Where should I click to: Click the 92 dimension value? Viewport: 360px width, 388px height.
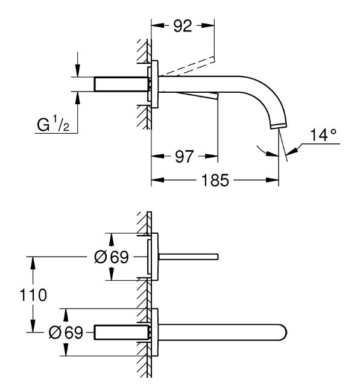tap(183, 26)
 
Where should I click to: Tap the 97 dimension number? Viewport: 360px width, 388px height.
tap(184, 157)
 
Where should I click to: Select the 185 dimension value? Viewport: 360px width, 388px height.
tap(215, 180)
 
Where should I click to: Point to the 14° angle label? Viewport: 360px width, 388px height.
tap(323, 134)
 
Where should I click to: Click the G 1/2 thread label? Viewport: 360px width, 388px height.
tap(53, 125)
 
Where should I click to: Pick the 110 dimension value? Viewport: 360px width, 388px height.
tap(33, 295)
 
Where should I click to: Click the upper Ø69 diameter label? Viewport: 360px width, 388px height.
tap(112, 257)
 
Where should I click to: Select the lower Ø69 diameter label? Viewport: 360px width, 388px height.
tap(66, 333)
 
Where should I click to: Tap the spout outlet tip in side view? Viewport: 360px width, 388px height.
tap(279, 127)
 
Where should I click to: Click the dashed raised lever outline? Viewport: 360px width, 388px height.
tap(187, 66)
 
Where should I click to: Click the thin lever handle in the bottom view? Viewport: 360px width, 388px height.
tap(188, 257)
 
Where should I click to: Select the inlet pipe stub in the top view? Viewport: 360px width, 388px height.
tap(121, 84)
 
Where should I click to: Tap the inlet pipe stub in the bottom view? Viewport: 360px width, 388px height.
tap(121, 333)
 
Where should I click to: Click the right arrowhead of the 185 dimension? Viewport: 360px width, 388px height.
tap(272, 180)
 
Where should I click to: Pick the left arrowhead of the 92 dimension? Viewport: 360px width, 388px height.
tap(158, 25)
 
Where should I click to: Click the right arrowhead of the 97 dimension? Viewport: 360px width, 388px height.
tap(212, 156)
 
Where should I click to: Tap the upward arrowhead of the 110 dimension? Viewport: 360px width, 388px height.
tap(33, 263)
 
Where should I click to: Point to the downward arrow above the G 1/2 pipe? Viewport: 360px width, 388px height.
tap(78, 70)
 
